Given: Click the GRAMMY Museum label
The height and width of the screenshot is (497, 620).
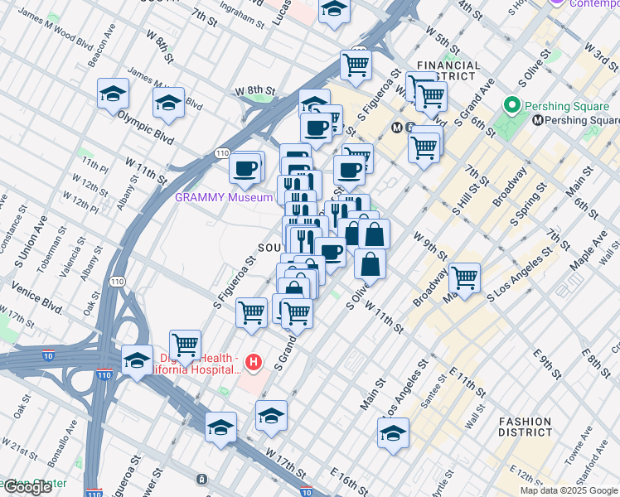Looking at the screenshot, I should pyautogui.click(x=223, y=197).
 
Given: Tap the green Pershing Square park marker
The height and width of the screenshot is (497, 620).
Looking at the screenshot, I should pyautogui.click(x=511, y=106).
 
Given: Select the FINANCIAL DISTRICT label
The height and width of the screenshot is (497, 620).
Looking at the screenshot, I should pyautogui.click(x=448, y=70).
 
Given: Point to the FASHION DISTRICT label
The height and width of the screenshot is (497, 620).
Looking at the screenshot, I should pyautogui.click(x=526, y=427).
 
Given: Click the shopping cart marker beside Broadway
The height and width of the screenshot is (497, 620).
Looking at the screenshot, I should pyautogui.click(x=464, y=277).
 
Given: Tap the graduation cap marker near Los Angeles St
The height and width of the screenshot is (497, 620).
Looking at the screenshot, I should pyautogui.click(x=393, y=432).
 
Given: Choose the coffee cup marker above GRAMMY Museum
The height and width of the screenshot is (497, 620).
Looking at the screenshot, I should pyautogui.click(x=245, y=168).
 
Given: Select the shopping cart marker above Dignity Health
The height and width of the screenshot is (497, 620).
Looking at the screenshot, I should pyautogui.click(x=185, y=345).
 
